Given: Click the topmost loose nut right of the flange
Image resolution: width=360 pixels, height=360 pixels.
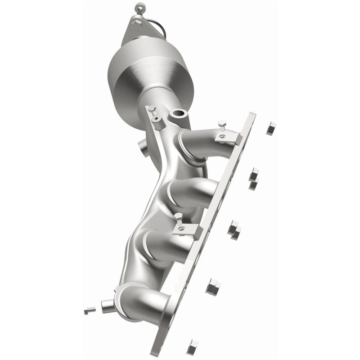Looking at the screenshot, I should click(x=270, y=129).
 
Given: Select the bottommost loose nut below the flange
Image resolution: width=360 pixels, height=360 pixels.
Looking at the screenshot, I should click(x=192, y=346).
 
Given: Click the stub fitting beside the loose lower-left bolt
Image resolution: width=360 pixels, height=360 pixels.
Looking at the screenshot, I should click(x=108, y=306).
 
